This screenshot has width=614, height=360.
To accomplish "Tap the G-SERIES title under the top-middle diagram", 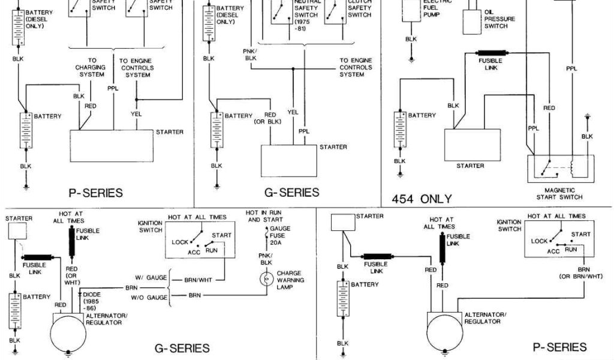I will pos(291,193).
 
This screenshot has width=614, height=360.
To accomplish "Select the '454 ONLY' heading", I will pos(422,199).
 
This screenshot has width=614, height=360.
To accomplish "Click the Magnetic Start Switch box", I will pos(559,169).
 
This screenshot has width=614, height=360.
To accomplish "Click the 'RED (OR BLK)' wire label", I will pos(270,118).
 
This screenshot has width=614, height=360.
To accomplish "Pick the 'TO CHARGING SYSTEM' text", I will pos(92,67).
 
